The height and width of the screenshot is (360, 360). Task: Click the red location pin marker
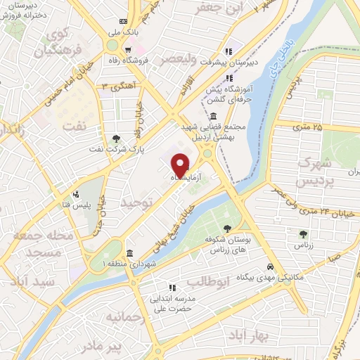180,165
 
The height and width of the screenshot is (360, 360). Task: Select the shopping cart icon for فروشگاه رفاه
128,49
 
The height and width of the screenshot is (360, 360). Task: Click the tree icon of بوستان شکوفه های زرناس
227,229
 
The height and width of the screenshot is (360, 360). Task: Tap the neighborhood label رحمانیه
125,318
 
